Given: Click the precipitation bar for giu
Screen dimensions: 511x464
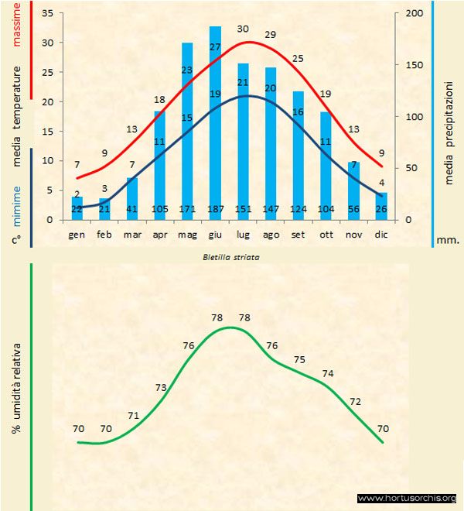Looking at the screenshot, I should [x=215, y=124].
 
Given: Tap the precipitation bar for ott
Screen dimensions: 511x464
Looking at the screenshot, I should [x=326, y=166].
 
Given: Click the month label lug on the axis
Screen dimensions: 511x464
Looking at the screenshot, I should [x=243, y=234].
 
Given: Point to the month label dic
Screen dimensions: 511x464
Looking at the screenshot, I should [x=381, y=234].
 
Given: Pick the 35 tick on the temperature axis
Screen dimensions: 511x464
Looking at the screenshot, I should [x=47, y=14].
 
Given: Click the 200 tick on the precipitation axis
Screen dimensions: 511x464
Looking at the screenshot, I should [x=415, y=14].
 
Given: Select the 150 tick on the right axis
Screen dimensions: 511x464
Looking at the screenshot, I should [x=415, y=65].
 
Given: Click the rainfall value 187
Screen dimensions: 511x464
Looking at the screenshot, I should [x=215, y=210].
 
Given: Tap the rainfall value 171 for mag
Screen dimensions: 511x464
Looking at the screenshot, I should [x=187, y=210].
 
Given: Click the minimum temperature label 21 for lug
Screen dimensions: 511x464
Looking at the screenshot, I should [x=243, y=83].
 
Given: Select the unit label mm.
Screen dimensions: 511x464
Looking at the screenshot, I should [x=448, y=240].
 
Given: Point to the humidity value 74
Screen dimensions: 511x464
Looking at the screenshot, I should [x=328, y=373].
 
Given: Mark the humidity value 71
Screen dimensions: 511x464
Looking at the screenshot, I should [x=133, y=416].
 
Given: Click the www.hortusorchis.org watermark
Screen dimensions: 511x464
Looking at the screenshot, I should [x=408, y=498].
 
